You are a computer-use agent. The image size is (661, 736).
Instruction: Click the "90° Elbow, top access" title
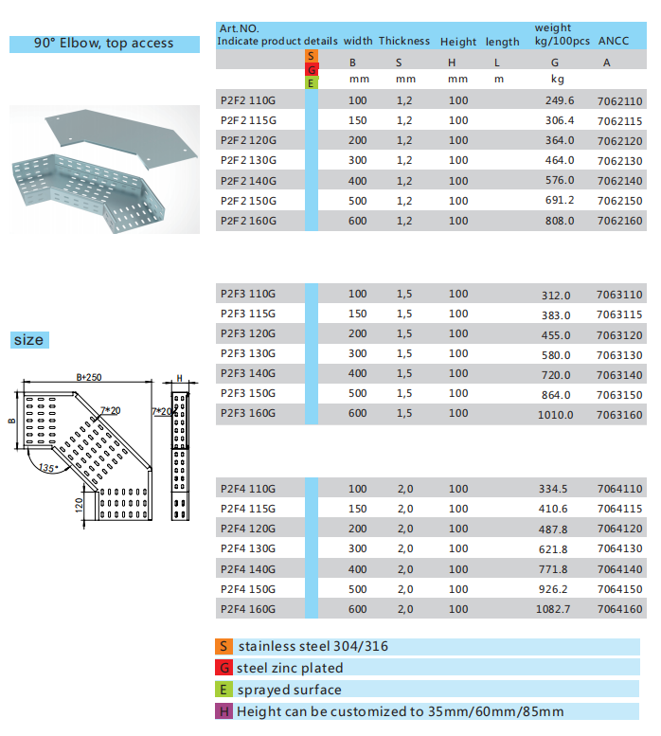pos(104,44)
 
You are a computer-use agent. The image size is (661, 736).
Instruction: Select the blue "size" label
pos(28,340)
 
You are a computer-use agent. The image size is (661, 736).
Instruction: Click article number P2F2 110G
pos(247,100)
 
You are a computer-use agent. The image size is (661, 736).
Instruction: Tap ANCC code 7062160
pos(620,221)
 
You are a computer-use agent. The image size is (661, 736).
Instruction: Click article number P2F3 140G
pos(247,373)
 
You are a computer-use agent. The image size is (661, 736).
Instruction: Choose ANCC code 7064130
pos(620,549)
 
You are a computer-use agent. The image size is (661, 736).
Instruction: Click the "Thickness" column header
pos(404,42)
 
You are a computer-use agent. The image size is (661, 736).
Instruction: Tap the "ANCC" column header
pos(615,42)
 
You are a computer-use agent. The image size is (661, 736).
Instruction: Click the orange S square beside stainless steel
pos(224,647)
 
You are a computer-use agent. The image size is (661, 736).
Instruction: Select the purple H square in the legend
pos(224,711)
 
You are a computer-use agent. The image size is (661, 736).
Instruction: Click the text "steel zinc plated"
pos(290,668)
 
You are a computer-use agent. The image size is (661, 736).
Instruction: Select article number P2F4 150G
pos(247,589)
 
